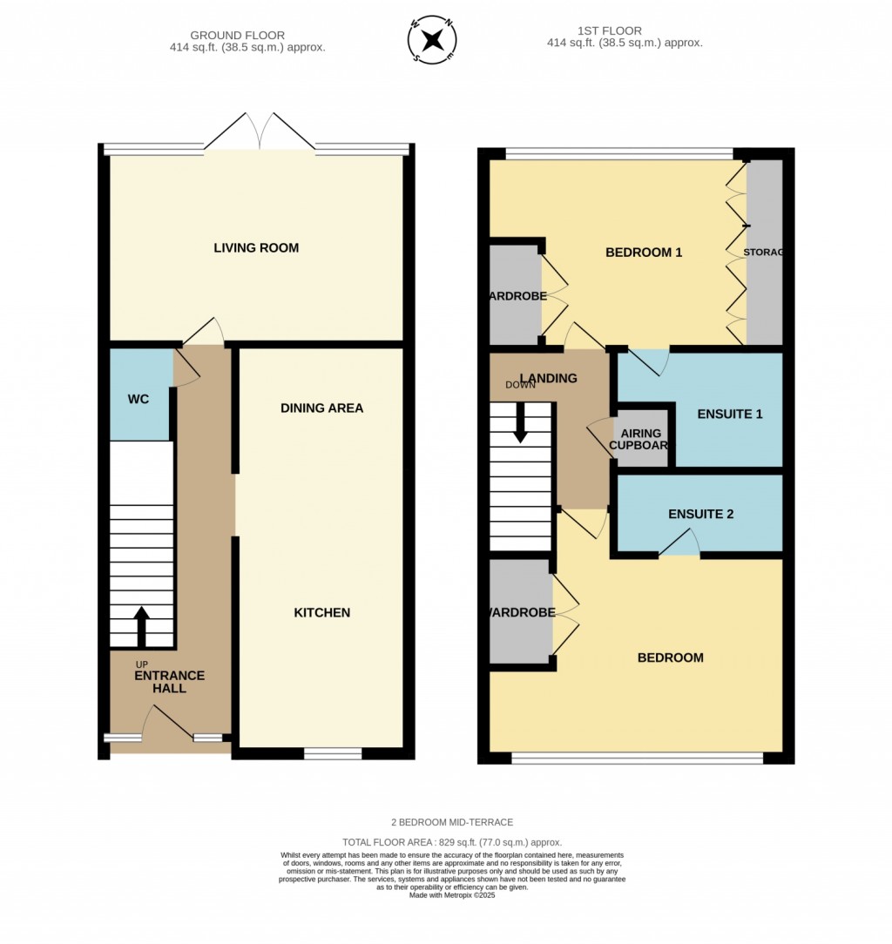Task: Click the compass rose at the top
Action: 432,40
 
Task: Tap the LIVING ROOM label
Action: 256,248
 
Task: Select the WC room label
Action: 139,400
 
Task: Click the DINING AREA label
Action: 321,408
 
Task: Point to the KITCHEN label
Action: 321,613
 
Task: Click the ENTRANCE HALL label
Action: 169,682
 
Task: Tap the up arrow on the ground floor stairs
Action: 141,624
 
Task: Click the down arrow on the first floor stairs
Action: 520,424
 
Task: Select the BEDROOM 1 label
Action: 644,253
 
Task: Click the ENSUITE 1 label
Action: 730,415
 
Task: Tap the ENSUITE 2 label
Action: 700,514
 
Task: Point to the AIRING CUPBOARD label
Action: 640,439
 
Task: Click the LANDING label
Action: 549,378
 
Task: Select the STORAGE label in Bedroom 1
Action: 764,253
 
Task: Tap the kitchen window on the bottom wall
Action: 332,752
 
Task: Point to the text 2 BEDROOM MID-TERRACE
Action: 451,822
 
